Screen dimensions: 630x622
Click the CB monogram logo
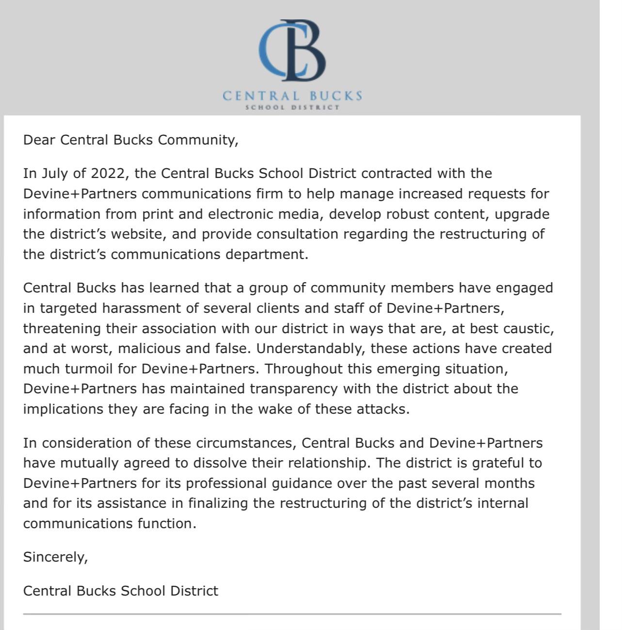coord(292,50)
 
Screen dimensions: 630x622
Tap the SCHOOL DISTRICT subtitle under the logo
coord(292,107)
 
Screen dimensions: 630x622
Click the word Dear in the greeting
coord(39,140)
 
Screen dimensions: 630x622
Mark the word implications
coord(63,409)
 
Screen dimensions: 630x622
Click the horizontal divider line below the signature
coord(292,614)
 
